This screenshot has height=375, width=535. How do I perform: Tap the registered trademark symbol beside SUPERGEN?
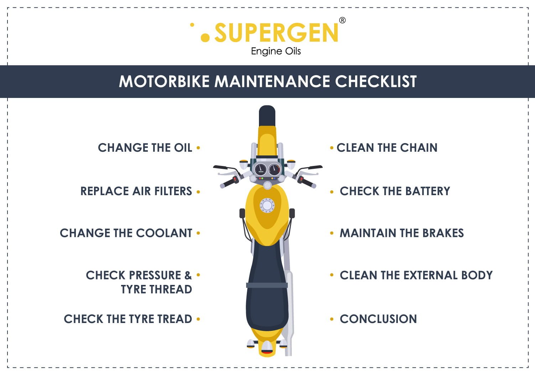pos(342,20)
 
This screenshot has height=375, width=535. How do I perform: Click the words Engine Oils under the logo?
pos(276,51)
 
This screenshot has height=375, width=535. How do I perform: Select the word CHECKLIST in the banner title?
pos(376,82)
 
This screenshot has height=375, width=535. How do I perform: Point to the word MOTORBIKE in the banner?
pos(164,82)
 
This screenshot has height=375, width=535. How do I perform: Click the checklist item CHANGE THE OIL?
pos(145,147)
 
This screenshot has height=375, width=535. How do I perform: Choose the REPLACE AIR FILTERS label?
pos(136,191)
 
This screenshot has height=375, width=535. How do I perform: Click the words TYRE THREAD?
pos(156,289)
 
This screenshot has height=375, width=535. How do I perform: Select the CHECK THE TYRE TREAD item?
pos(128,319)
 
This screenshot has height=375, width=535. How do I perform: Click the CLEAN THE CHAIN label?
pos(387,147)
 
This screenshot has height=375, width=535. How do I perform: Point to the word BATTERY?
pos(427,191)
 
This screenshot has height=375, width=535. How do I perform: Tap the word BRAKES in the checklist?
pos(443,233)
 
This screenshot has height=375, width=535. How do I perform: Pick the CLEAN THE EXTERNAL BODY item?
pos(416,275)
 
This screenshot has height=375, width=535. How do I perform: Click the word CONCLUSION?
pos(378,319)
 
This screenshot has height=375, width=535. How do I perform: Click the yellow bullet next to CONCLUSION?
pos(332,319)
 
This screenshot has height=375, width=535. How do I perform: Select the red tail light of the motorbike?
pos(267,352)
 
